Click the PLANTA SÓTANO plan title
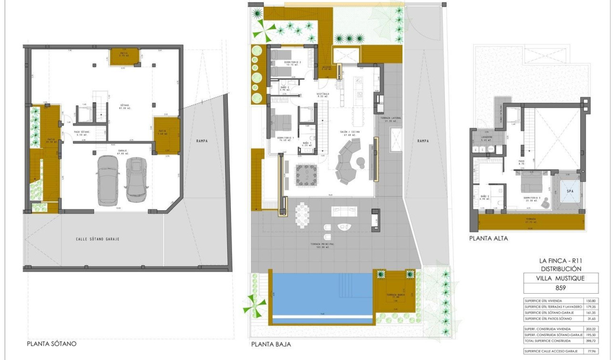pos(51,343)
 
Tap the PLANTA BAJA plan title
pos(271,344)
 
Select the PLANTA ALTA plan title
pos(488,238)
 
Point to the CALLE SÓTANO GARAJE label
pos(98,239)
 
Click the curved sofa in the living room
pos(348,165)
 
